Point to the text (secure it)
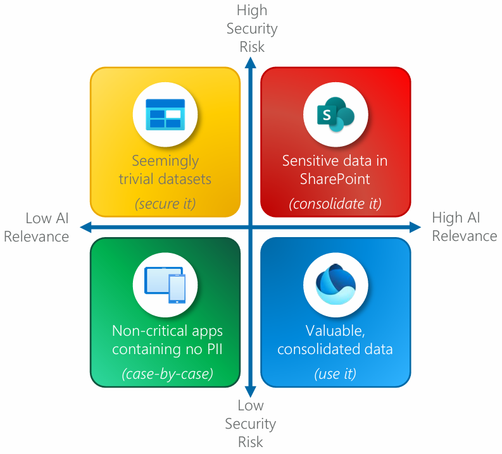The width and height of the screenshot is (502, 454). click(x=165, y=203)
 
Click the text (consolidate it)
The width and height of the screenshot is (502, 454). click(x=336, y=203)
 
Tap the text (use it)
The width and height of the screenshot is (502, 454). click(x=336, y=374)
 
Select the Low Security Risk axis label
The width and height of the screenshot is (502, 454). click(x=251, y=424)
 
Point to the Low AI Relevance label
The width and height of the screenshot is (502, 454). click(x=47, y=228)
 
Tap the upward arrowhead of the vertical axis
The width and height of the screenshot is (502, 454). click(x=251, y=62)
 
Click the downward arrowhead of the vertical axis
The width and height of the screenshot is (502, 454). click(x=251, y=393)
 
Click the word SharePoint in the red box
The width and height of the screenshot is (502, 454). click(x=336, y=178)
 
